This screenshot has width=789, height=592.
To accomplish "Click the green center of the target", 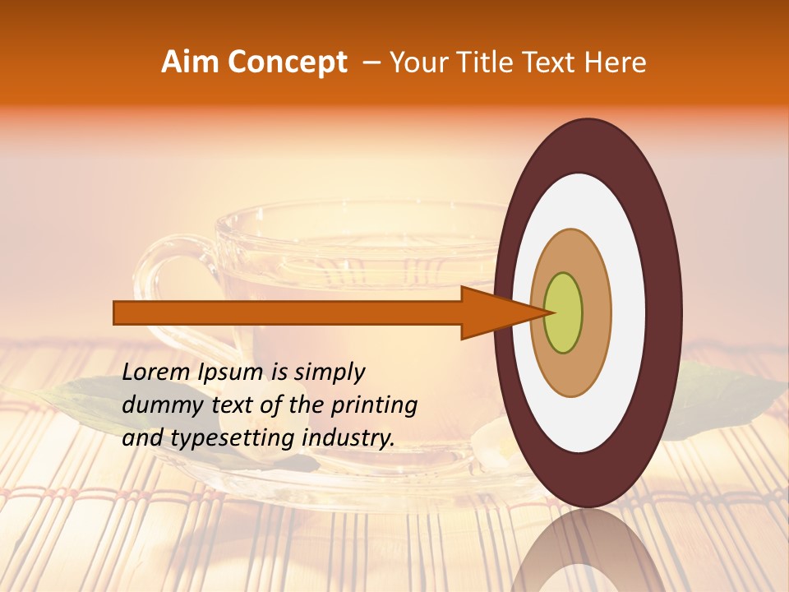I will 563,312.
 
